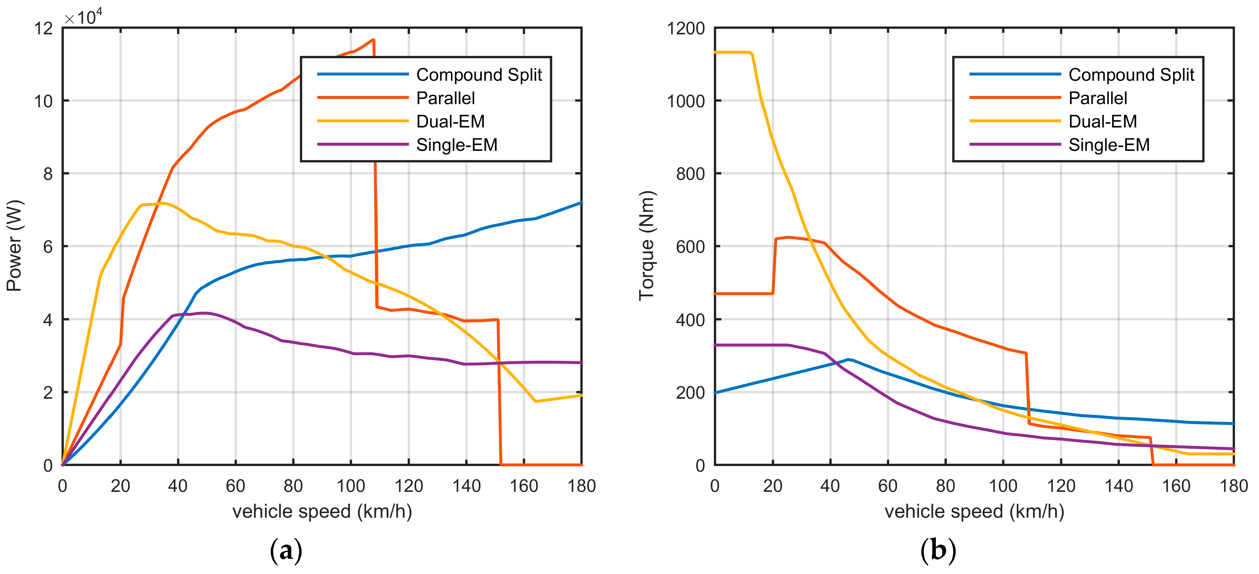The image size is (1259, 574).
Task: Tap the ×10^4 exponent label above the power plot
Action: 83,18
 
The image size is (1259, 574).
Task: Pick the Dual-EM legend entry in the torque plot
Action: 1102,121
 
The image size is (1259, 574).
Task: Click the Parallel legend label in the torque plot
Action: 1097,98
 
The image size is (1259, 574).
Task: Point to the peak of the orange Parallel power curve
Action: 373,40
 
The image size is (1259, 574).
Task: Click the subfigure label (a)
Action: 286,551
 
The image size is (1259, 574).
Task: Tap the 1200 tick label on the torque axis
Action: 686,28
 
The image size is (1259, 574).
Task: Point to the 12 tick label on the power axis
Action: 43,28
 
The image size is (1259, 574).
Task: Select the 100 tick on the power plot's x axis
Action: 350,486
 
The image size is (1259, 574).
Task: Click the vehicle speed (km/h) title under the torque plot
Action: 974,511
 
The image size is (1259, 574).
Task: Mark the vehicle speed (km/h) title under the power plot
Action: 322,511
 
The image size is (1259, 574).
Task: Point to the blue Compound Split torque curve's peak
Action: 847,359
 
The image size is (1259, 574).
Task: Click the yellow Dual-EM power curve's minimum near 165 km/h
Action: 536,402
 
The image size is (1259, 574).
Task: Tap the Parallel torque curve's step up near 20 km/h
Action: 774,267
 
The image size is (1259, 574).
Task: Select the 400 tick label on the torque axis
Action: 690,320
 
